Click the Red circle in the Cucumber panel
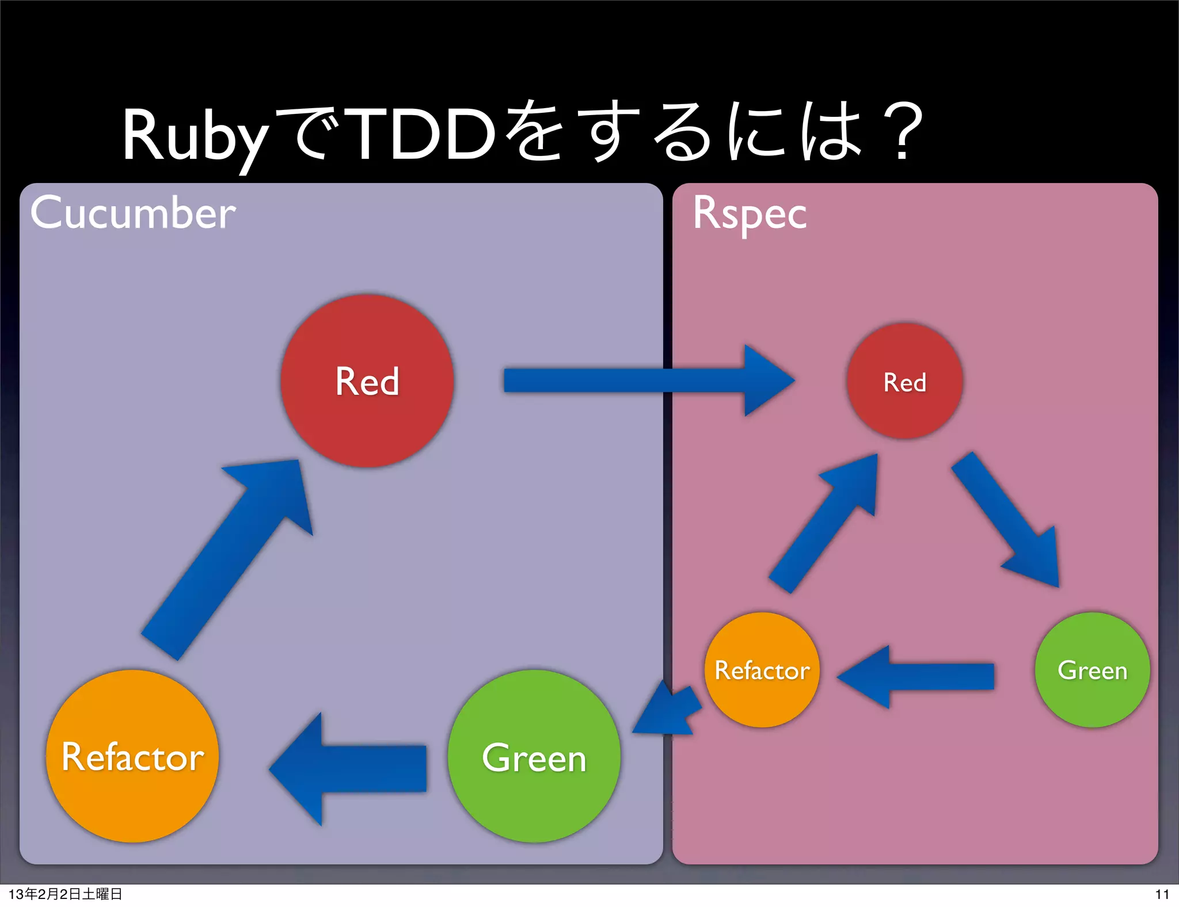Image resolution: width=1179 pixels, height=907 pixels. point(367,380)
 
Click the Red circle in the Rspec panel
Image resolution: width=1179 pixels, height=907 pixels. point(904,381)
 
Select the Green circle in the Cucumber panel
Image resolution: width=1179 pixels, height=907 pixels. point(534,756)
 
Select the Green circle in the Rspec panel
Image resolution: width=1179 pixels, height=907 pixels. point(1092,670)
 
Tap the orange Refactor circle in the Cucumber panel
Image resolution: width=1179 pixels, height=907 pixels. point(132,756)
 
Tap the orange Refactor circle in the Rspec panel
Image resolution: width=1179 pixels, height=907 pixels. point(762,670)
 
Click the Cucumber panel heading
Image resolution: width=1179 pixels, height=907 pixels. point(133,213)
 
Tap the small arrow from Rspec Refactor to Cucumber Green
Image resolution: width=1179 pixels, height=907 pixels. point(668,711)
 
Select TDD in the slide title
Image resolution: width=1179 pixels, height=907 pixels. point(423,135)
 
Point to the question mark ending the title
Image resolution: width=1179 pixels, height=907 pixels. point(902,131)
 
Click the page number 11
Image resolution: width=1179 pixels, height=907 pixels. point(1162,894)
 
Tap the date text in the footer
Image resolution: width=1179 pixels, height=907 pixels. point(65,894)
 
